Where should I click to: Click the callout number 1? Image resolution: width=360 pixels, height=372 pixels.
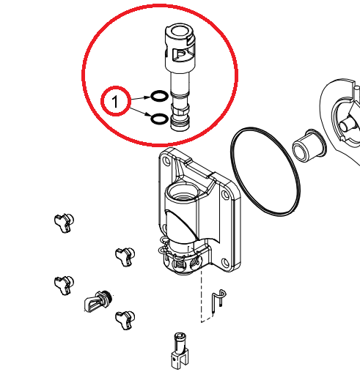click(115, 101)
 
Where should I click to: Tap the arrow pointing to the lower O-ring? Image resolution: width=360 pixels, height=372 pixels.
click(140, 111)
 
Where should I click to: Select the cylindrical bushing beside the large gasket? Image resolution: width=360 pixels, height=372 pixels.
click(309, 145)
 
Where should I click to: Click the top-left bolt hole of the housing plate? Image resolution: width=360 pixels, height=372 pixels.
click(166, 161)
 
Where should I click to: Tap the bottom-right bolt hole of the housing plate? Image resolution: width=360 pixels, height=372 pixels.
click(225, 263)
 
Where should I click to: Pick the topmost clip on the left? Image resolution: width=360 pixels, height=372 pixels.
click(64, 223)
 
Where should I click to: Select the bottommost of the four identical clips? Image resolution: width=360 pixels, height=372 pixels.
click(125, 319)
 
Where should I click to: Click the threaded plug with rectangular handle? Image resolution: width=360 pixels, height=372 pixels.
click(98, 301)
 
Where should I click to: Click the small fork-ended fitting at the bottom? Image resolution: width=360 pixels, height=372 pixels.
click(180, 350)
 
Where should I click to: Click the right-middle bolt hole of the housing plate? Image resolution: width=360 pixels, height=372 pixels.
click(225, 195)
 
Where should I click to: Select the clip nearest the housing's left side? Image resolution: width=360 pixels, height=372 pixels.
click(125, 256)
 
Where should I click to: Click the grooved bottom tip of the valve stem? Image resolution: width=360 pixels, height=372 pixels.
click(181, 123)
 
